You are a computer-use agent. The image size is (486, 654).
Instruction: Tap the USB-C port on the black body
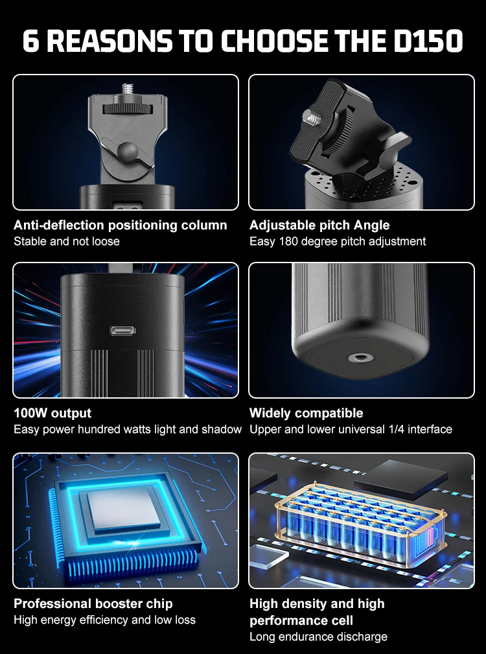pos(122,331)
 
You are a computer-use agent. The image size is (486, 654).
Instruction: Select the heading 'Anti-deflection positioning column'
pos(121,225)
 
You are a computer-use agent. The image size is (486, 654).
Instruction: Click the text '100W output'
pos(52,414)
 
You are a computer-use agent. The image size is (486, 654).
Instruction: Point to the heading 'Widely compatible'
pos(307,414)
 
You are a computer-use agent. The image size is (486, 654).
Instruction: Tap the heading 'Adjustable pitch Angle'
pos(319,225)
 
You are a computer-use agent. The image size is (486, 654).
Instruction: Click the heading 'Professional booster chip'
pos(93,603)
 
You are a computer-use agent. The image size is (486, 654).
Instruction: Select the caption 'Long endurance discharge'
pos(318,637)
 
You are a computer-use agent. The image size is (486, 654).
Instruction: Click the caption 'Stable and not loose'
pos(67,242)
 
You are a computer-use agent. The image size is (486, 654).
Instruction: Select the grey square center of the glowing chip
pos(124,509)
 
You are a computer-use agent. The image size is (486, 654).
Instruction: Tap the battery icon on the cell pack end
pos(426,541)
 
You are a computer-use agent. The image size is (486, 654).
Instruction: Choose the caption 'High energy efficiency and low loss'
pos(104,620)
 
